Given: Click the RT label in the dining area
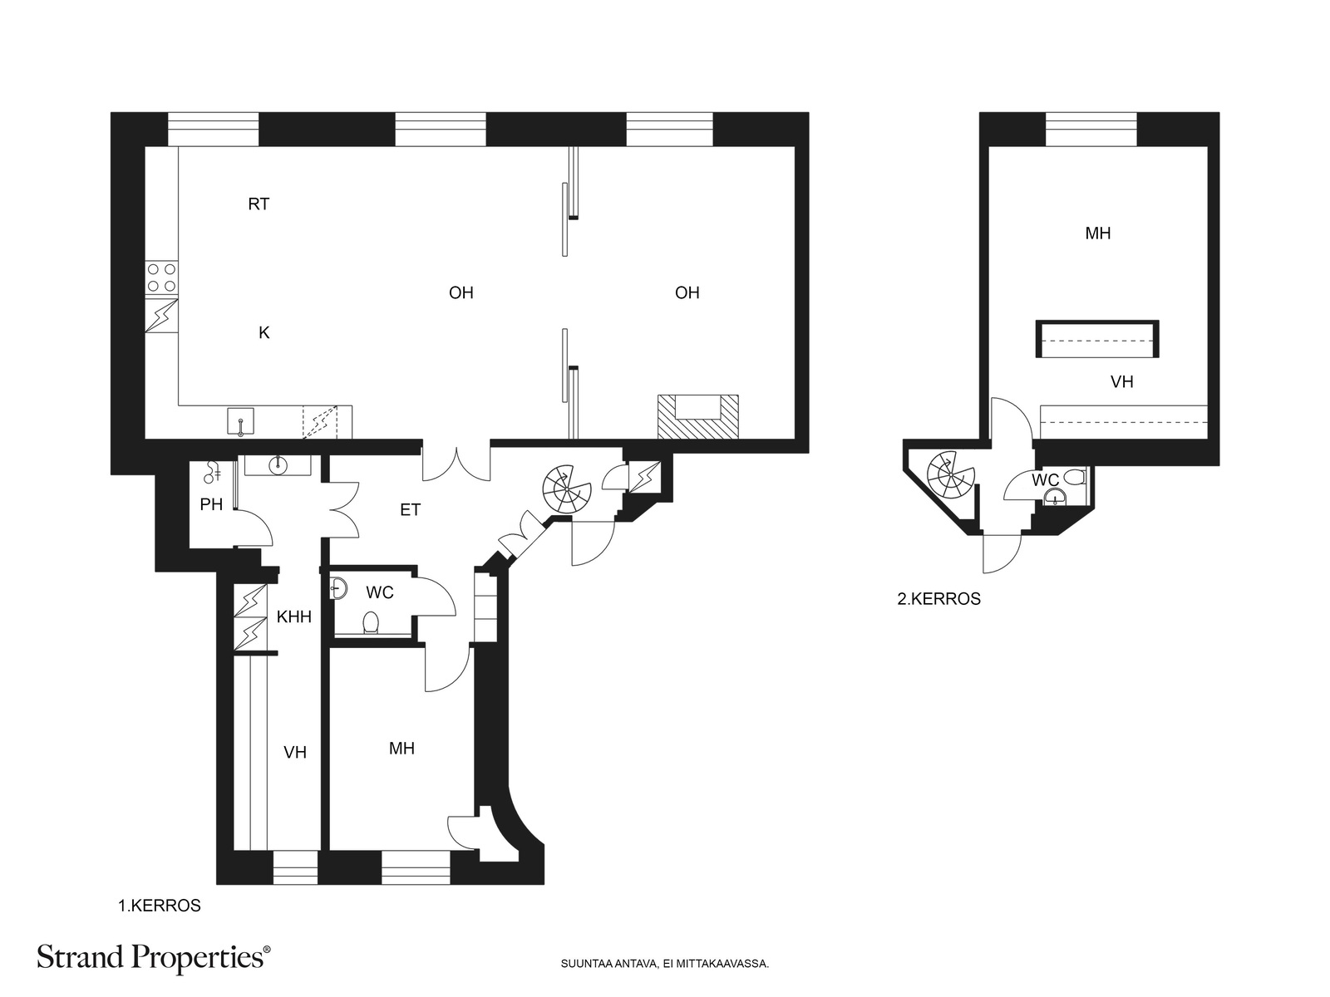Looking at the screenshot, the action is (x=259, y=204).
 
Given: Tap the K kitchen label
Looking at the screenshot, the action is (x=264, y=332).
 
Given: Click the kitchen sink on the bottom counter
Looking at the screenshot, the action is (x=240, y=421).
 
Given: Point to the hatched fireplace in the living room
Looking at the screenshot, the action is (x=698, y=416).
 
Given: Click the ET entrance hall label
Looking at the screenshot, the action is (x=410, y=509).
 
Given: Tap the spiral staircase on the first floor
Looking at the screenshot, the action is (x=567, y=489).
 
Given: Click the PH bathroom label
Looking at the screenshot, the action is (x=211, y=504).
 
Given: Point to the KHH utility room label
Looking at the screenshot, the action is (x=294, y=616).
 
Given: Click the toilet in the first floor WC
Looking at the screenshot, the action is (x=371, y=622).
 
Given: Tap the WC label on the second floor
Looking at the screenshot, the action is (x=1045, y=480).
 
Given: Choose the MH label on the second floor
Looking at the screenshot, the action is (x=1098, y=233).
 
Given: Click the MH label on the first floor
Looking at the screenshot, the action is (x=401, y=749).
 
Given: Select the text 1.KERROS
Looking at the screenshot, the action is (x=160, y=906).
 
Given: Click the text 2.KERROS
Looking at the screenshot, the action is (x=938, y=599).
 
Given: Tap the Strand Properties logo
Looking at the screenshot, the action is (x=153, y=957).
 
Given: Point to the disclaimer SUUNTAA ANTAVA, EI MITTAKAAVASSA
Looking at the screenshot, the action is (x=665, y=964).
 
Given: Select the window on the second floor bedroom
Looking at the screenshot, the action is (x=1091, y=129).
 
